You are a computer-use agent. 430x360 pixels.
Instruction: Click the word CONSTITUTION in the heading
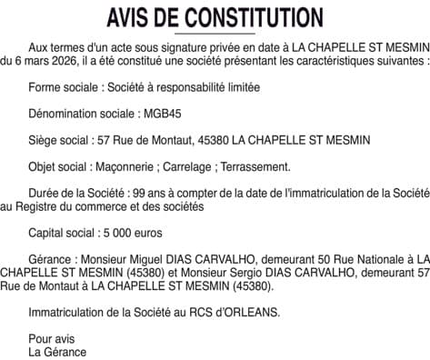[252, 17]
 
